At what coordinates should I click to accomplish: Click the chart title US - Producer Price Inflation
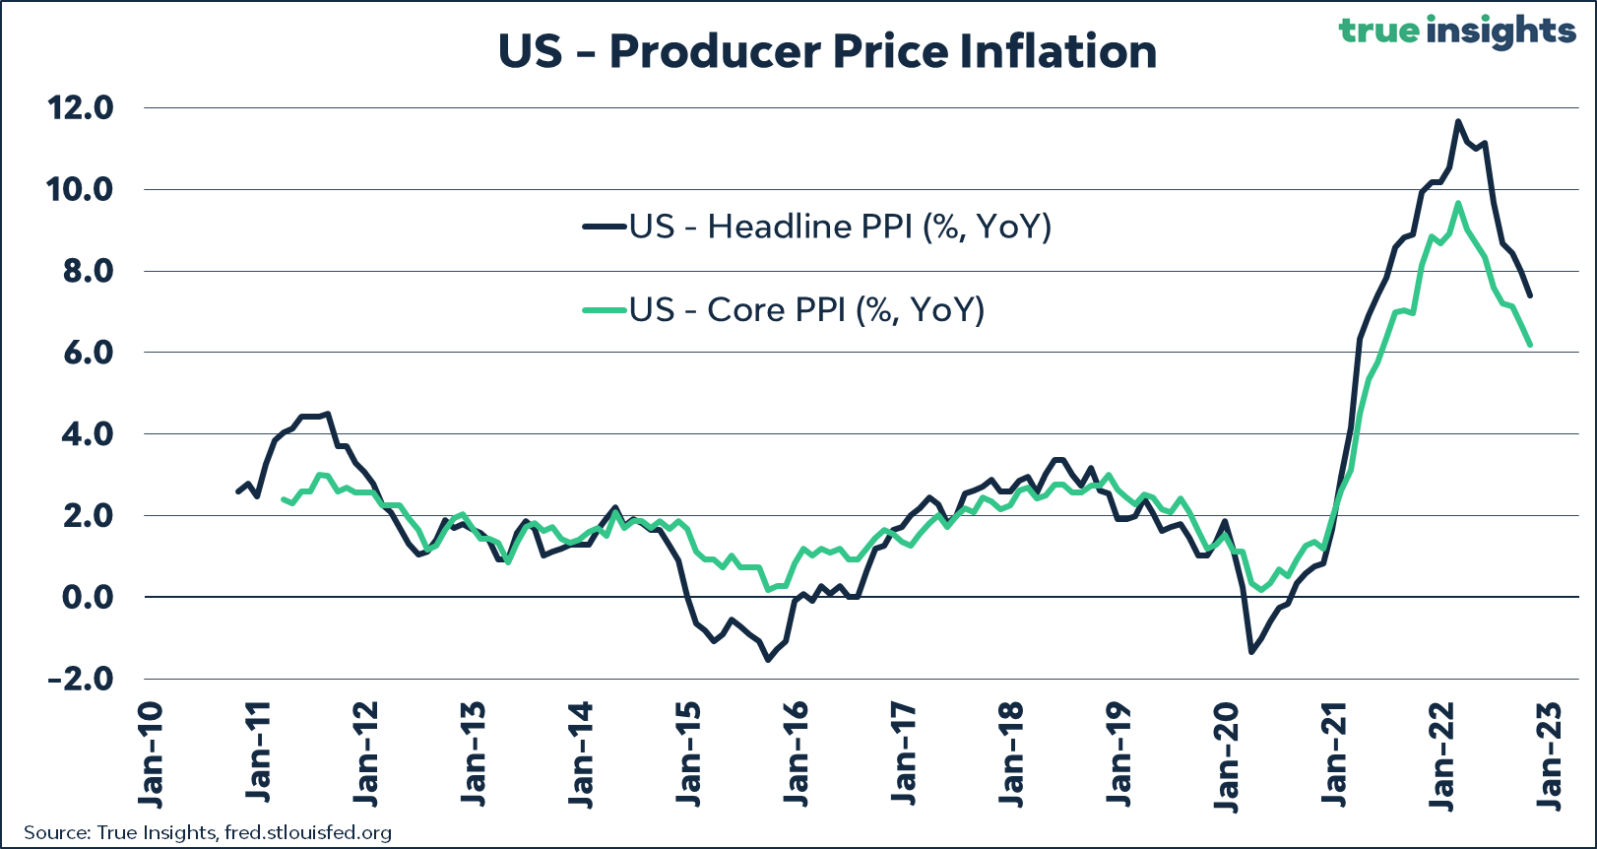(x=827, y=51)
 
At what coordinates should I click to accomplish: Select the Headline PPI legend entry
(x=817, y=227)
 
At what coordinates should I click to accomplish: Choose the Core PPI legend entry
(x=784, y=309)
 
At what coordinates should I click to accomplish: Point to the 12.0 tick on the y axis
(x=80, y=107)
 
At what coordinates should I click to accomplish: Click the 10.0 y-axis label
(x=80, y=189)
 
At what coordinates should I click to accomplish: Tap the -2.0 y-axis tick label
(x=80, y=679)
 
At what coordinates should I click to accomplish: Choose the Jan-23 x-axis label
(x=1549, y=754)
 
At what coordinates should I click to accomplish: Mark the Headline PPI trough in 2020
(x=1251, y=651)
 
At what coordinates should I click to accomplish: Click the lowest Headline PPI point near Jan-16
(x=768, y=659)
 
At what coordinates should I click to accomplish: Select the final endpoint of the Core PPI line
(x=1530, y=345)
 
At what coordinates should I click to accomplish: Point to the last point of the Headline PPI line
(x=1530, y=294)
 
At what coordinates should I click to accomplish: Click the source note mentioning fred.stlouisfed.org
(x=208, y=832)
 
